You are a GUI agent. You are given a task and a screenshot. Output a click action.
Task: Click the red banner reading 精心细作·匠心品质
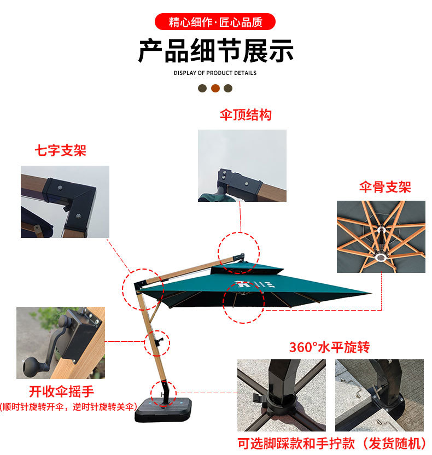pos(215,22)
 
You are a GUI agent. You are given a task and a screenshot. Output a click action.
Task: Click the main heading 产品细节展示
pos(215,51)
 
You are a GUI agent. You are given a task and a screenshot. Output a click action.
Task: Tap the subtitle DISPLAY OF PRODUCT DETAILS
pos(215,73)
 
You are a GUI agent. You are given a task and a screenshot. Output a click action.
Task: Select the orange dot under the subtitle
pos(215,88)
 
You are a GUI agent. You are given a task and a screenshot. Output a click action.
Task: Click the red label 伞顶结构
pos(246,115)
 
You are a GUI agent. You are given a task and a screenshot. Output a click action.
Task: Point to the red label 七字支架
pos(61,150)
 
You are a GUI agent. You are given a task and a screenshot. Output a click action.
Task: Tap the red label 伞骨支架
pos(385,187)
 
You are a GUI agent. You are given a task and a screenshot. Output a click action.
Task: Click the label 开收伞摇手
pos(61,392)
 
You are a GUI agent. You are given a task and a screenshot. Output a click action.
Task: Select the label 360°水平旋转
pos(329,347)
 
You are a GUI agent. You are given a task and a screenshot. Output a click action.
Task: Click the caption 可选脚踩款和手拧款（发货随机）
pos(331,443)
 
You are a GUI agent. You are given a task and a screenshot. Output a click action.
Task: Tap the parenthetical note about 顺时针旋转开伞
pos(68,407)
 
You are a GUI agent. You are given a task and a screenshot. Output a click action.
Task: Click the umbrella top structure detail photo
pos(242,165)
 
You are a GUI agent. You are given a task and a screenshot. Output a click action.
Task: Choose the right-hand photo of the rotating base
pos(379,395)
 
